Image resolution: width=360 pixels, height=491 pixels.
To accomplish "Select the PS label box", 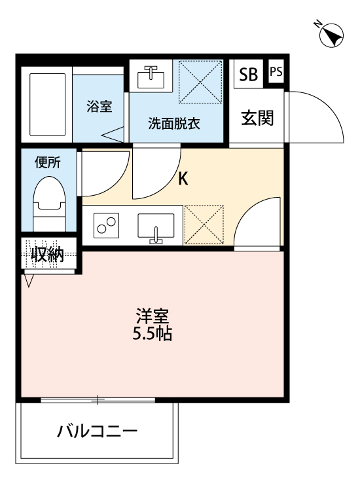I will coord(276,72).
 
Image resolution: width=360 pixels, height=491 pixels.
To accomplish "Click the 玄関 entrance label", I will coord(257,118).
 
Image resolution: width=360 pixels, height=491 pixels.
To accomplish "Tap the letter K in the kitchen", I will coord(184,178).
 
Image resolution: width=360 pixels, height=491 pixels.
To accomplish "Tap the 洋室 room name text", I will coord(154,317).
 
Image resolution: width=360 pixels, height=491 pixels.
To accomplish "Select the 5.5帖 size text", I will coord(154,335).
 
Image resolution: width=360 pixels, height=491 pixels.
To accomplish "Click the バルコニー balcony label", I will coord(97,432).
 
